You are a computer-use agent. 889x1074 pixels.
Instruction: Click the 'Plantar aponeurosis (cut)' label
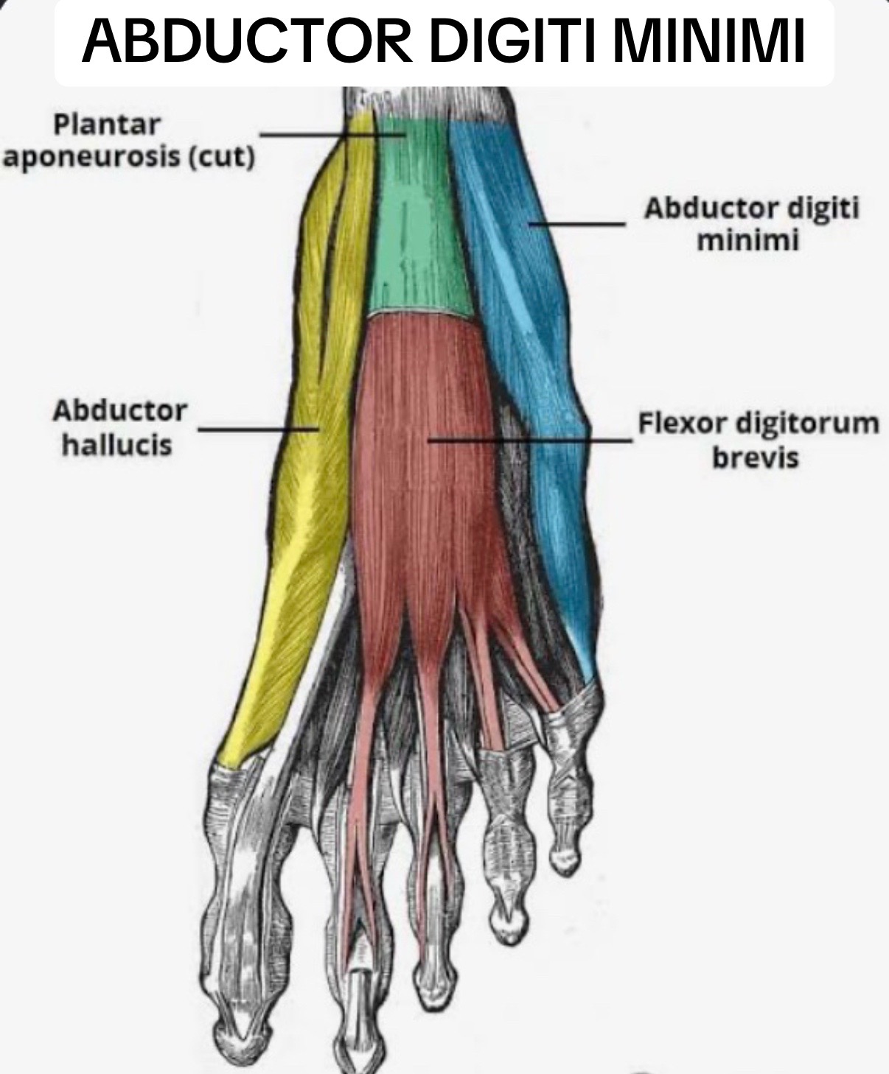pyautogui.click(x=129, y=141)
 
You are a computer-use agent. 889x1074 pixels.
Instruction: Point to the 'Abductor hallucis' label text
pyautogui.click(x=120, y=428)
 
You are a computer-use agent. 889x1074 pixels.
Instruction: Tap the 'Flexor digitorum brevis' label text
pyautogui.click(x=759, y=441)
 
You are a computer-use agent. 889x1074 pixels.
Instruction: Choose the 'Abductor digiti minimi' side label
pyautogui.click(x=752, y=224)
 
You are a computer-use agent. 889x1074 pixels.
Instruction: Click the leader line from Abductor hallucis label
pyautogui.click(x=259, y=429)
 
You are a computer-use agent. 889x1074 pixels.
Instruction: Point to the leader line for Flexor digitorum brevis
pyautogui.click(x=530, y=441)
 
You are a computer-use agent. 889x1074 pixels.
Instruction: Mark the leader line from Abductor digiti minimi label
pyautogui.click(x=576, y=224)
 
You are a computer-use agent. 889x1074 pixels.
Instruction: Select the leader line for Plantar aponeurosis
pyautogui.click(x=332, y=135)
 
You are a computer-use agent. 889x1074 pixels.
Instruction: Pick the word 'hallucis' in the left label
pyautogui.click(x=117, y=444)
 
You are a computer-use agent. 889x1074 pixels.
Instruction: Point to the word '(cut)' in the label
pyautogui.click(x=222, y=157)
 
